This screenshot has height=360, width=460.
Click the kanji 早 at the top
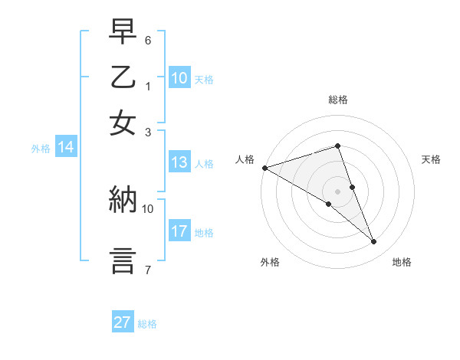click(123, 31)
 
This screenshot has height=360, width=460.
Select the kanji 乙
click(123, 77)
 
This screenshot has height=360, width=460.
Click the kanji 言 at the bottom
click(123, 260)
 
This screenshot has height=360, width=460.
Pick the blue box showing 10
click(179, 78)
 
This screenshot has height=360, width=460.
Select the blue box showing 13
click(179, 162)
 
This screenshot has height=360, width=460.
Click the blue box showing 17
click(179, 231)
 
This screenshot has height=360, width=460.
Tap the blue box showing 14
click(65, 148)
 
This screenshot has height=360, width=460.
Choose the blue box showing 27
click(123, 322)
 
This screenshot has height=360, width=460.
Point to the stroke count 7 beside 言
click(148, 270)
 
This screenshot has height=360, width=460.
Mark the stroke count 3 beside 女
click(148, 131)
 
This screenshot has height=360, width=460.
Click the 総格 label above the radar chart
click(337, 100)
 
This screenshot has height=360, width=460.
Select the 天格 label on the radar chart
click(431, 159)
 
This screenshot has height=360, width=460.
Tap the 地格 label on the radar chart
click(402, 263)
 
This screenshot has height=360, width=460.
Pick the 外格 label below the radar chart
click(270, 263)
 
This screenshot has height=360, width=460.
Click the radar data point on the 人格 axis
click(264, 168)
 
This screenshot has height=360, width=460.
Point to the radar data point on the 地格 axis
click(374, 242)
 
